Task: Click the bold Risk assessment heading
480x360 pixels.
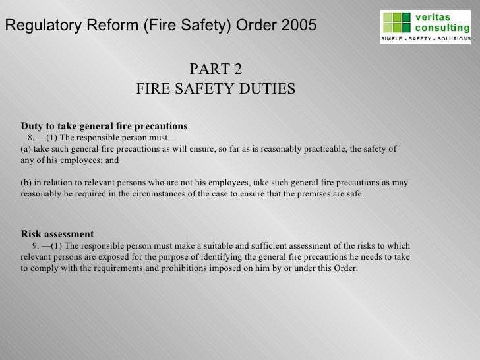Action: [x=57, y=234]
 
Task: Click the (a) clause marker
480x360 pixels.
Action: [x=27, y=149]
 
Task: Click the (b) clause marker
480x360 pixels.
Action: [x=27, y=183]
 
